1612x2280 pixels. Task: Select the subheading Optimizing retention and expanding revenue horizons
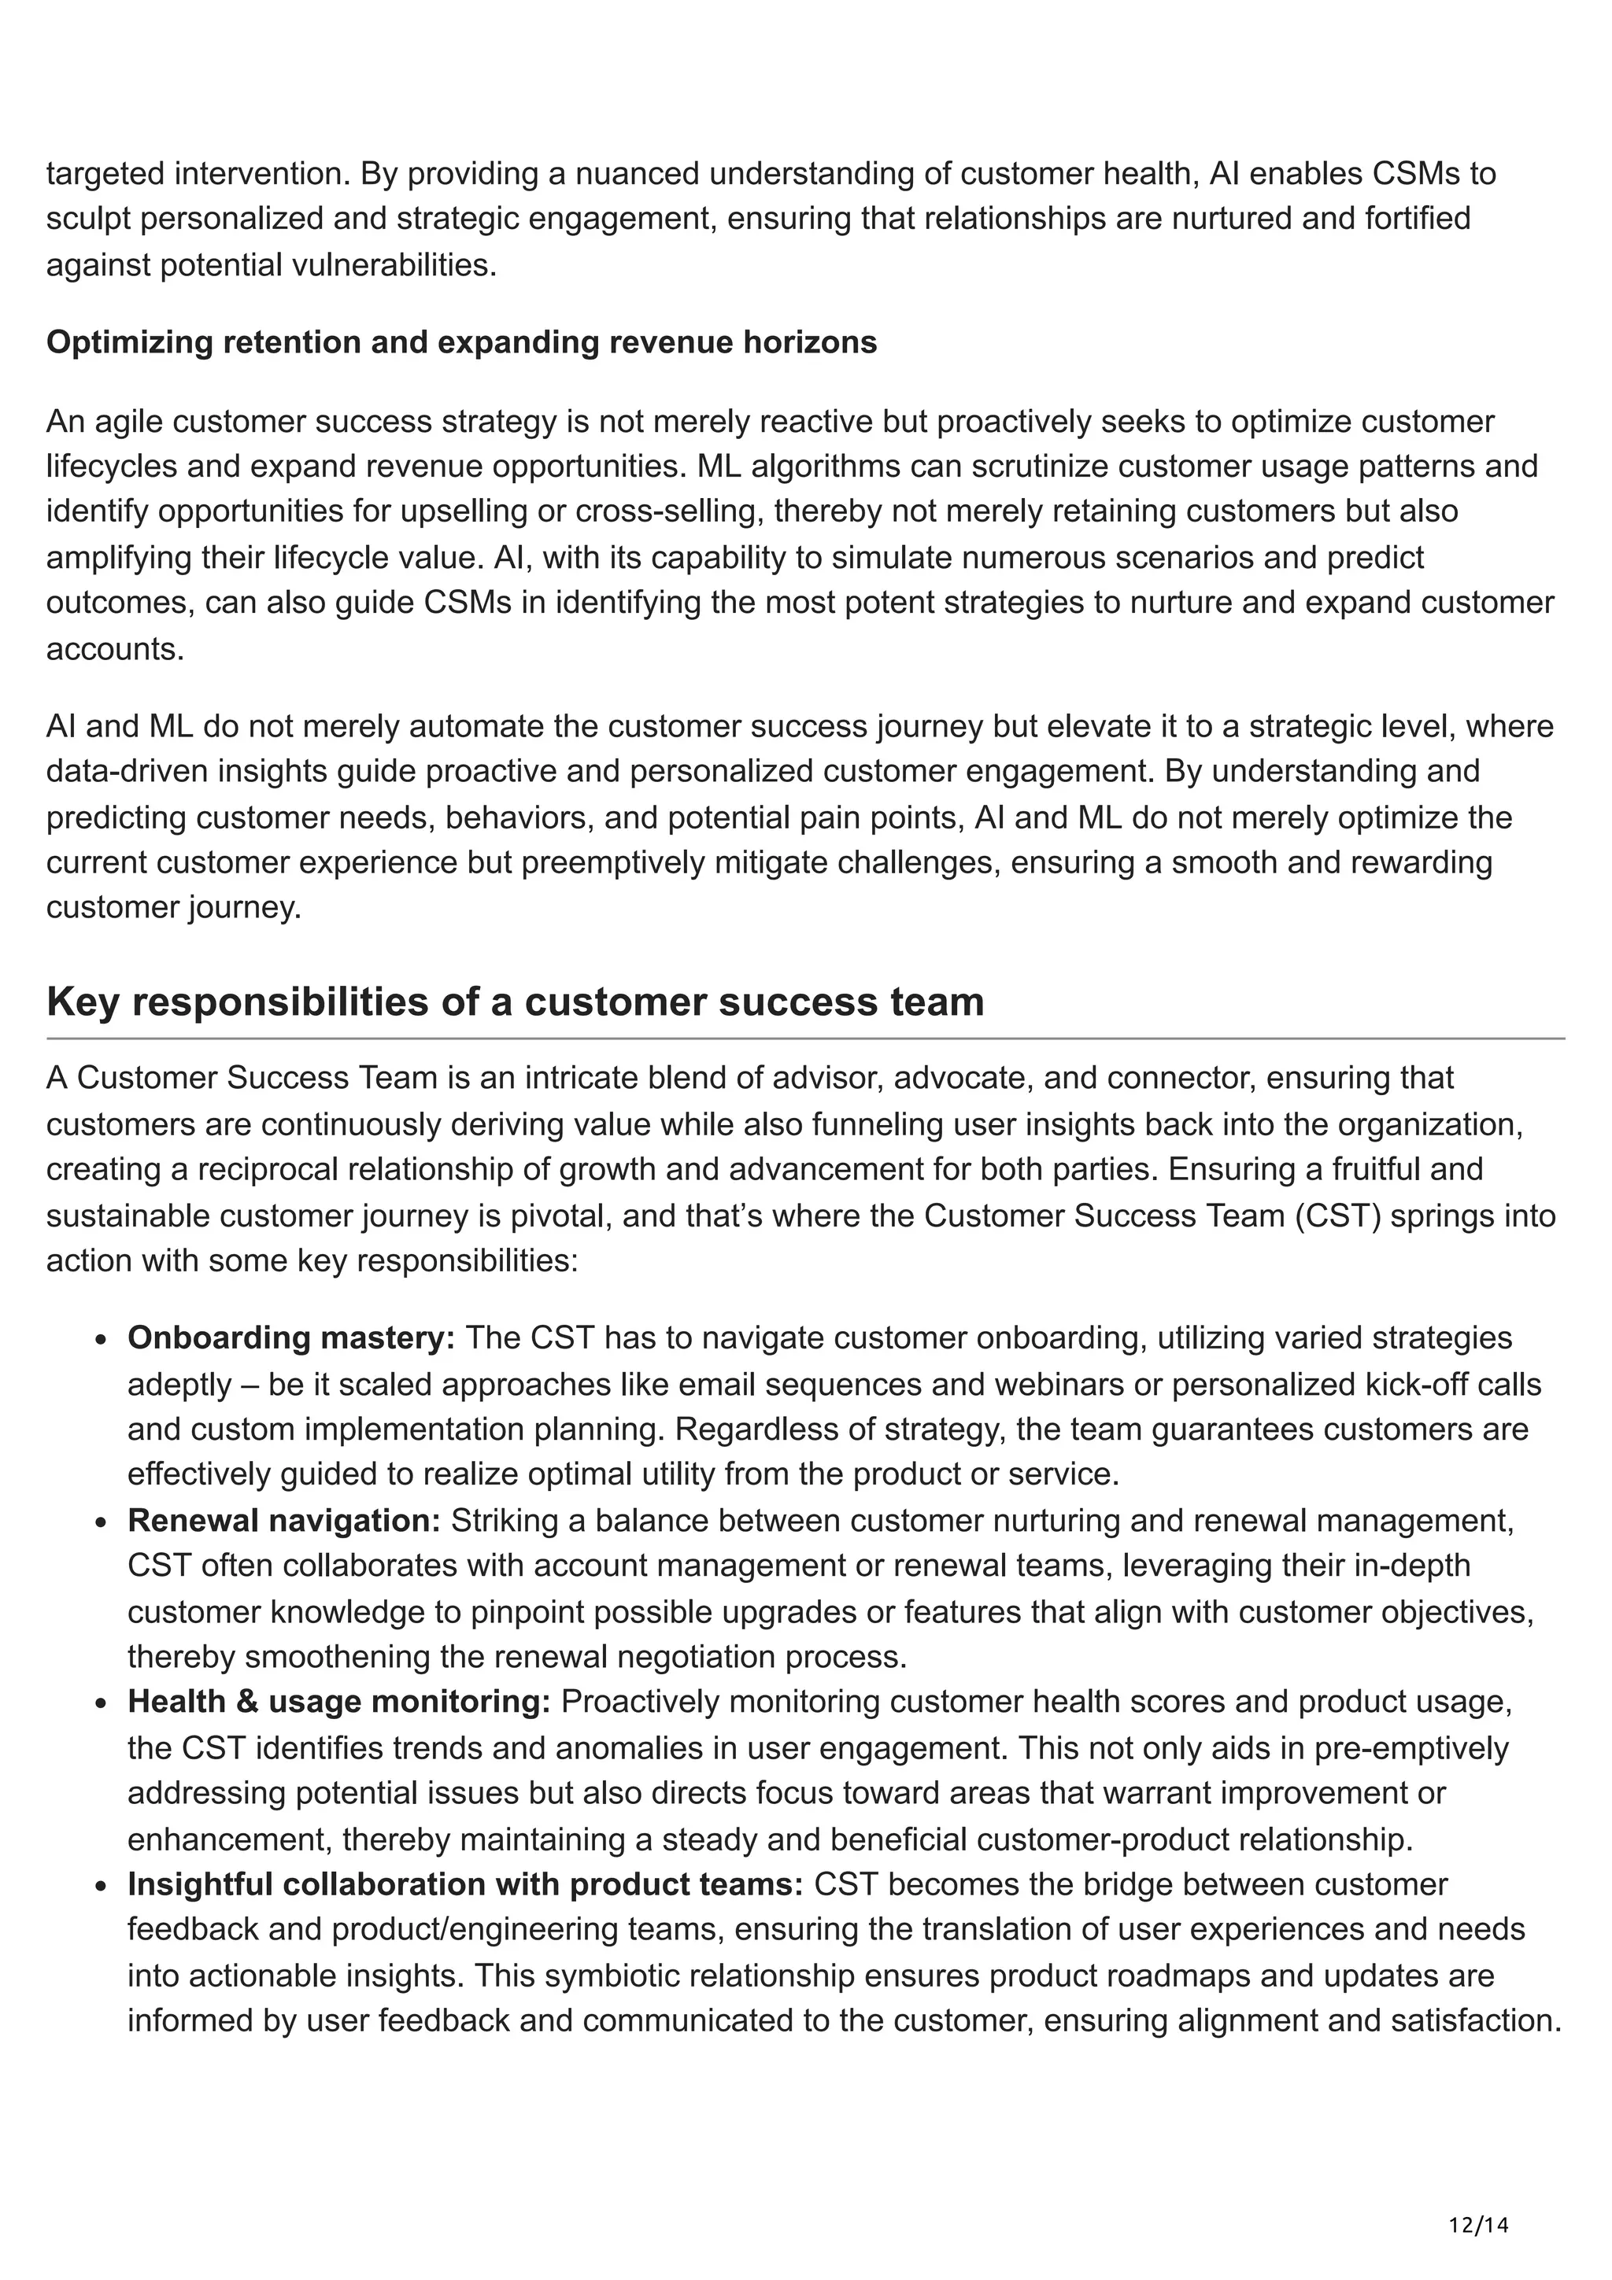[x=461, y=341]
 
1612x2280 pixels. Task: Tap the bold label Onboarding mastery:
[x=290, y=1337]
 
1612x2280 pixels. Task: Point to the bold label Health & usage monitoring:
[x=338, y=1701]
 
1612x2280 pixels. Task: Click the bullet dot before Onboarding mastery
[x=102, y=1340]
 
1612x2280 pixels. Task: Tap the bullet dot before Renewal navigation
[x=102, y=1522]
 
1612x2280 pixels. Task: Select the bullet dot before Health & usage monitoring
[x=102, y=1703]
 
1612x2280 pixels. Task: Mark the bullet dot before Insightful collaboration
[x=102, y=1886]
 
